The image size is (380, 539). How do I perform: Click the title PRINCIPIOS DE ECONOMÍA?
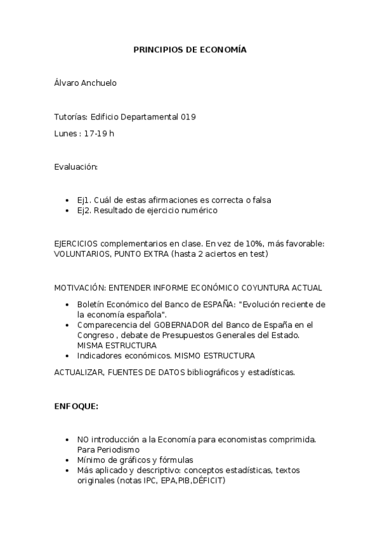click(x=190, y=49)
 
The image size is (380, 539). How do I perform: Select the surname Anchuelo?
click(x=100, y=83)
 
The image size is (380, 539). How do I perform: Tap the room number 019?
click(x=188, y=117)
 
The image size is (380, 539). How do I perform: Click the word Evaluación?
click(x=76, y=167)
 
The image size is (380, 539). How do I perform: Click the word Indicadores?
click(x=98, y=355)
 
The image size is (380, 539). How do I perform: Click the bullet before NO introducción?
click(x=68, y=439)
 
